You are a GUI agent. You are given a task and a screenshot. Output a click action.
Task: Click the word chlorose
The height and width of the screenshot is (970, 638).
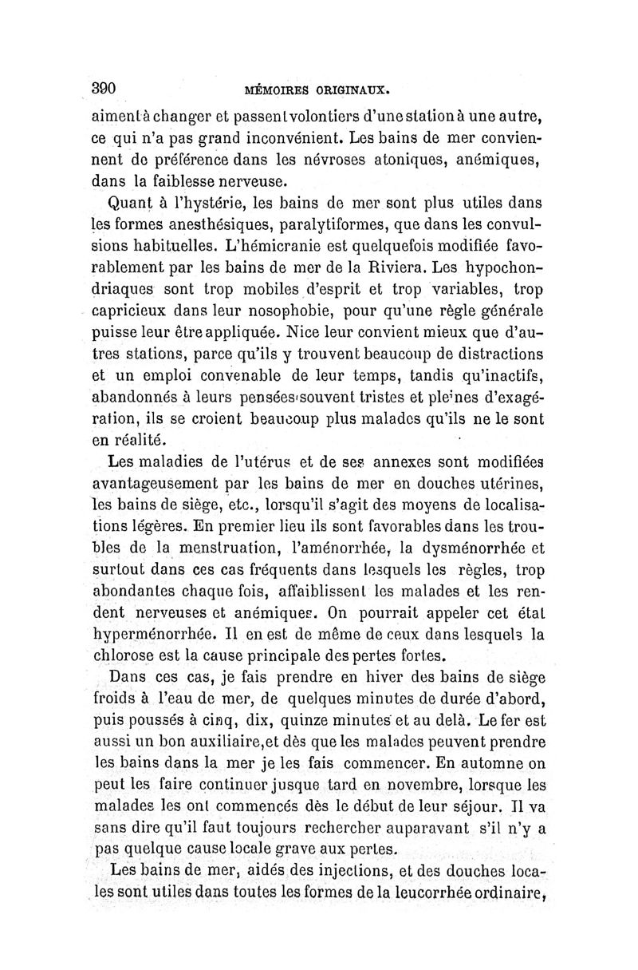127,658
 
